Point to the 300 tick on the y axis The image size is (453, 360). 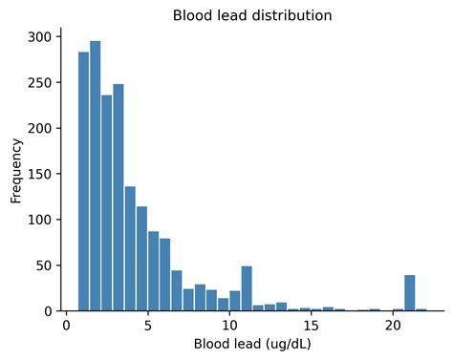point(42,35)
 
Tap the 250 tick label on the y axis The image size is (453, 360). point(42,81)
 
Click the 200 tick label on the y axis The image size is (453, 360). point(42,127)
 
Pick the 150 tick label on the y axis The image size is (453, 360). point(42,173)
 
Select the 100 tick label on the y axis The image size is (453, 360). point(42,219)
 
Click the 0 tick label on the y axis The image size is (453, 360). point(50,310)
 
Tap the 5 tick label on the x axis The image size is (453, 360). point(148,326)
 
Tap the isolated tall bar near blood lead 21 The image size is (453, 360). point(410,293)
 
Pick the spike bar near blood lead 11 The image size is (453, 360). point(247,288)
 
